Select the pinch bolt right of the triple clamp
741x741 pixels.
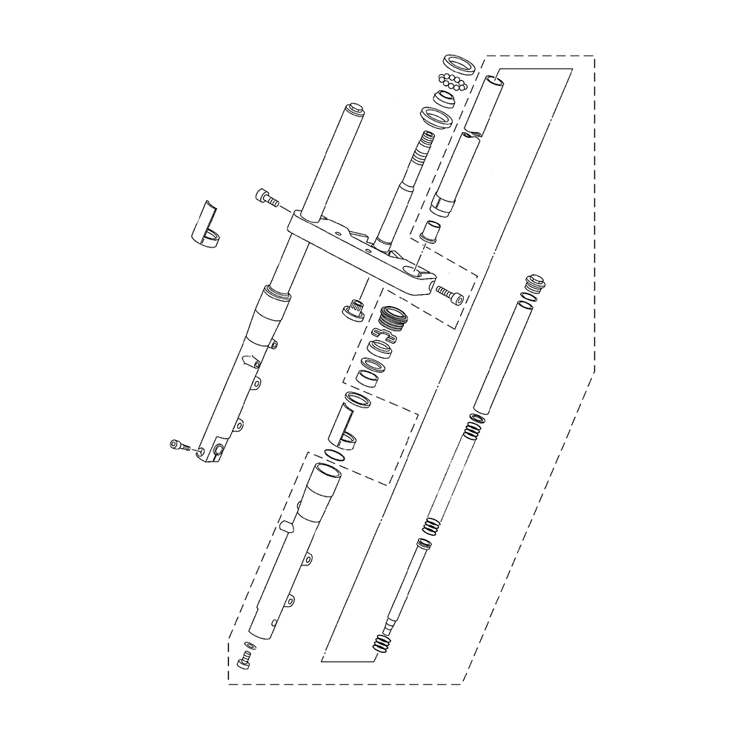tap(451, 294)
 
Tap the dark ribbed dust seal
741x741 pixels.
tap(393, 321)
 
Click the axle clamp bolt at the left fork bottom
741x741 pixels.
tap(177, 445)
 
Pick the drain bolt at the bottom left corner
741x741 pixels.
tap(245, 660)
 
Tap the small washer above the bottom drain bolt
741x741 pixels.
tap(248, 645)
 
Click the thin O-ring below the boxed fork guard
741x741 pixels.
tap(334, 453)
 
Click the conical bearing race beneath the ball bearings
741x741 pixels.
tap(445, 98)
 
